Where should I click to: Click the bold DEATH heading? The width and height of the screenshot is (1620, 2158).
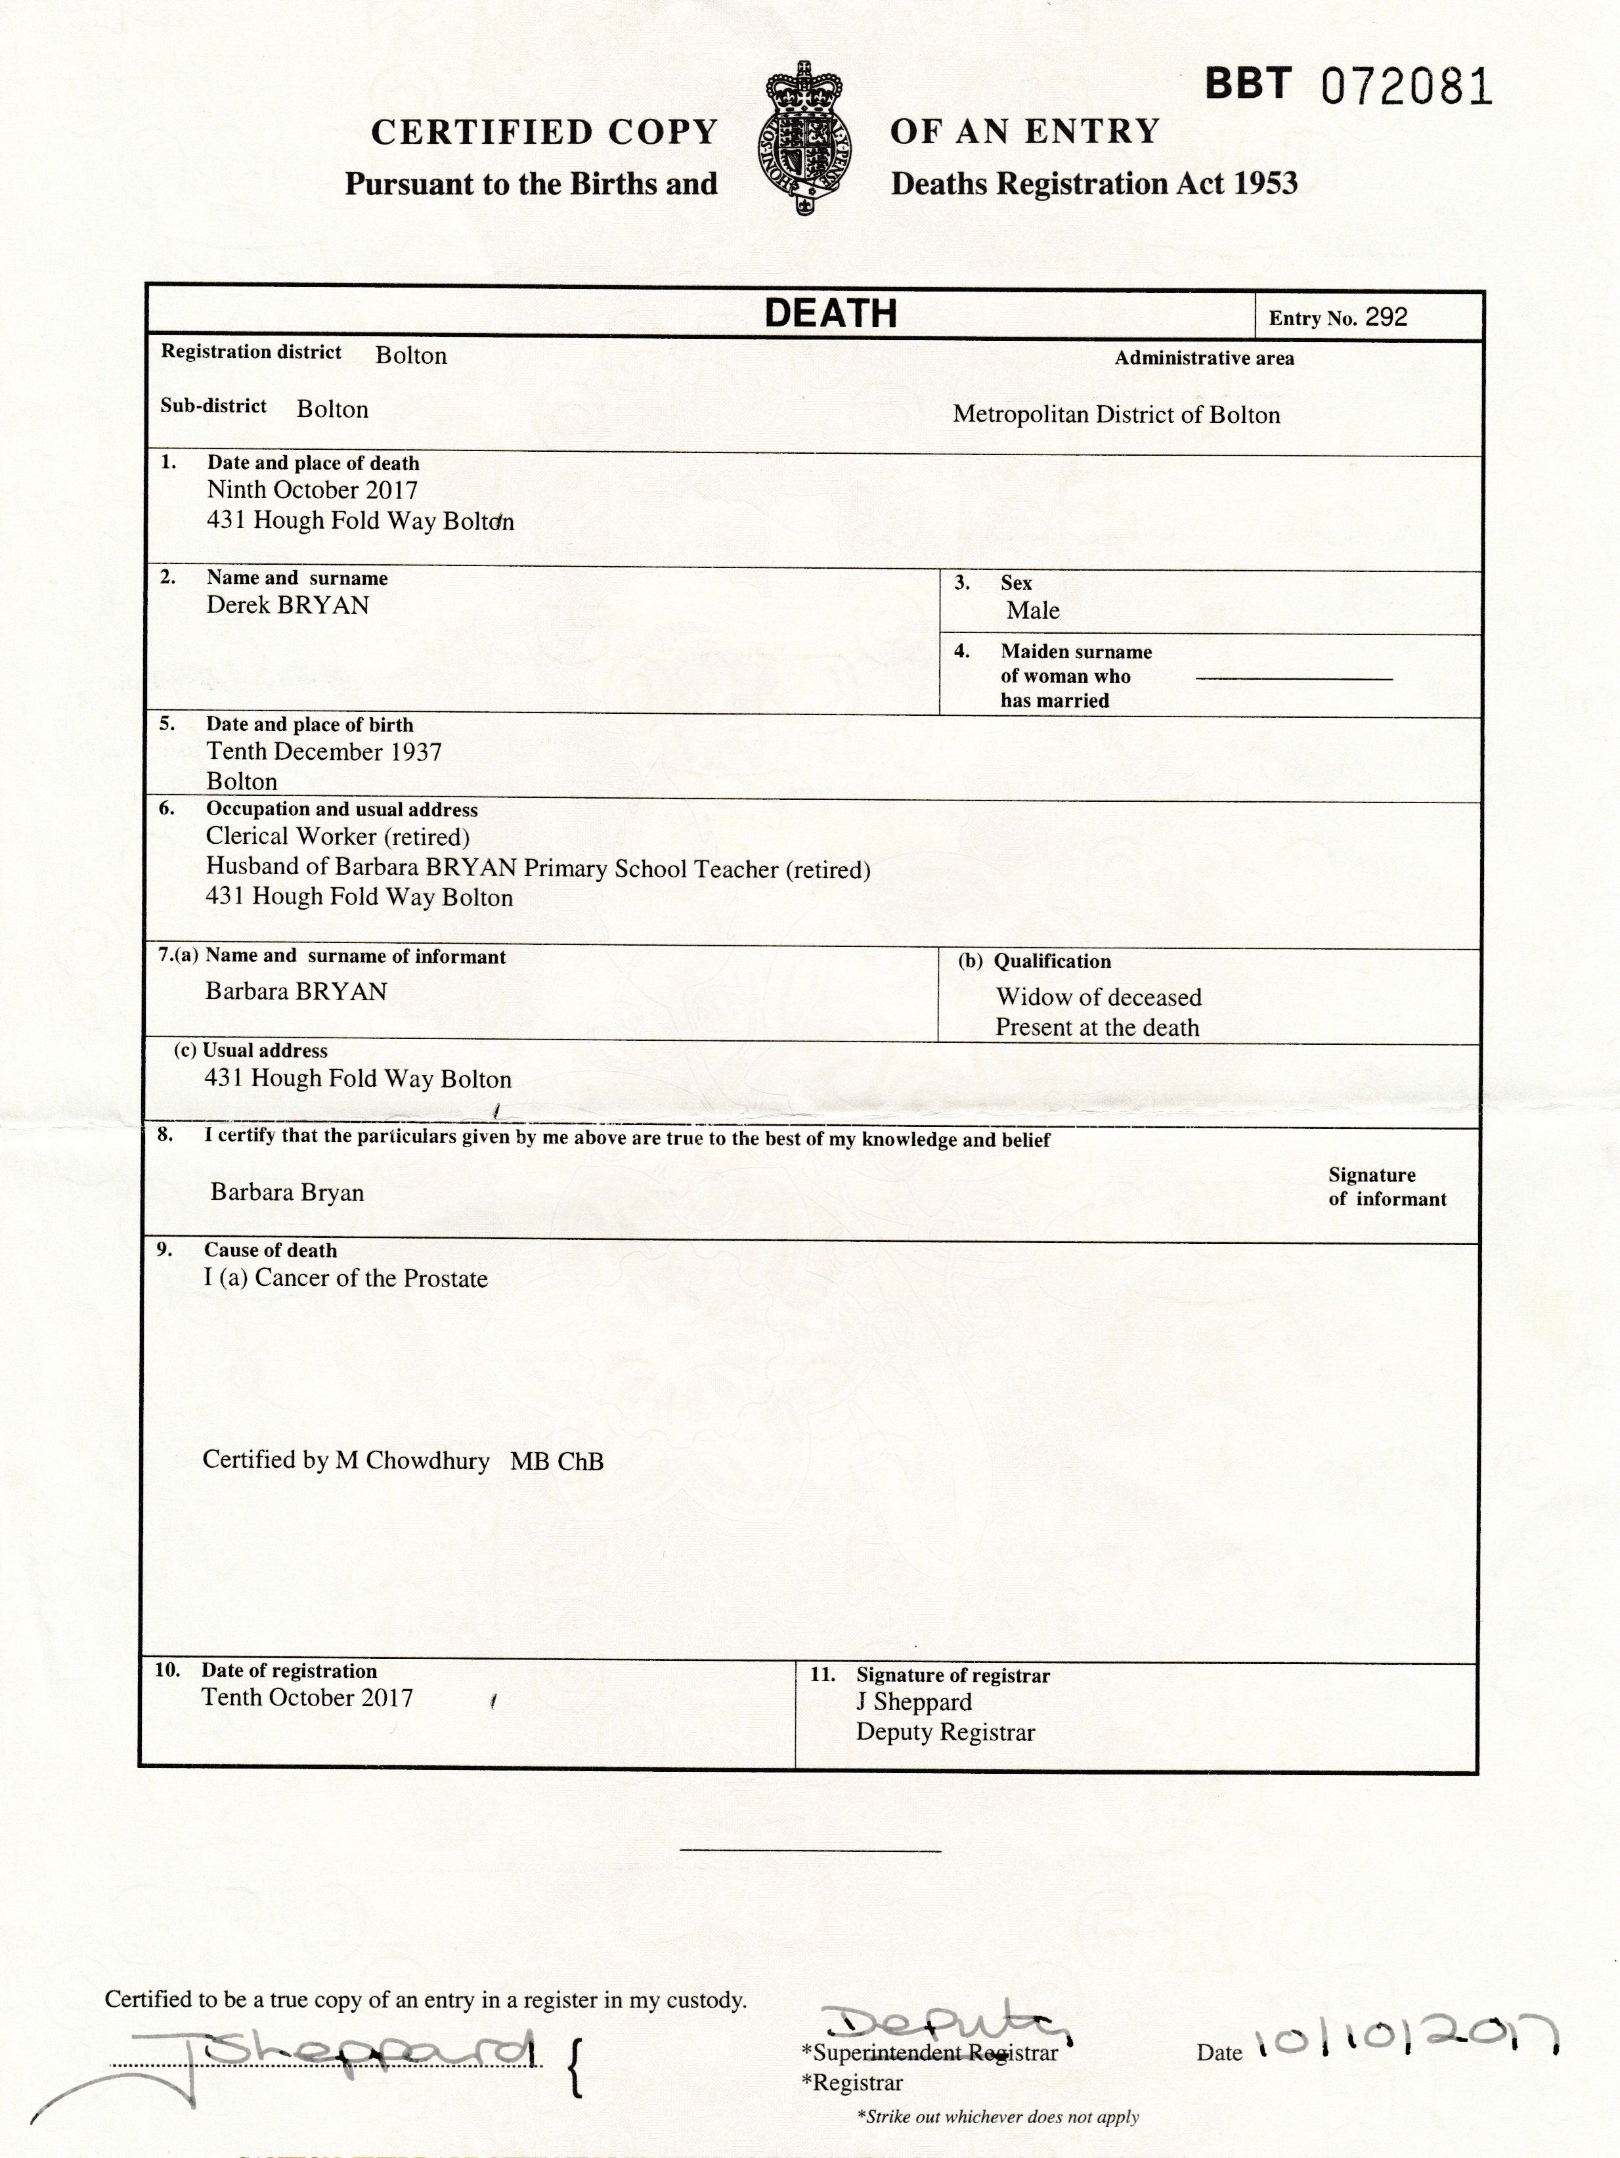point(830,313)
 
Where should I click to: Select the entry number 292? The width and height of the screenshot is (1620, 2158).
point(1386,317)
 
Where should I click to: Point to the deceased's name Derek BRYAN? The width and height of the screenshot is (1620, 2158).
point(288,605)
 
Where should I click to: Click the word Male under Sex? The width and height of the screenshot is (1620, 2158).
point(1033,611)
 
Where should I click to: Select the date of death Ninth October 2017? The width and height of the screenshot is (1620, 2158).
point(312,490)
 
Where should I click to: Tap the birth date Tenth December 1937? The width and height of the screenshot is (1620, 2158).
point(324,751)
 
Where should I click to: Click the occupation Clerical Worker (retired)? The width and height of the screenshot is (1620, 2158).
point(338,836)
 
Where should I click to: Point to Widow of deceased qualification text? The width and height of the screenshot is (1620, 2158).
point(1098,997)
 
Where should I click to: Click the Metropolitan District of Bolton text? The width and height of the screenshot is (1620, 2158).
point(1116,414)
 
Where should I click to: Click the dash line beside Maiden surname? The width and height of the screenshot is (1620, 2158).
point(1293,678)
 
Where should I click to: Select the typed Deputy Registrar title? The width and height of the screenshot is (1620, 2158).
point(945,1732)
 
